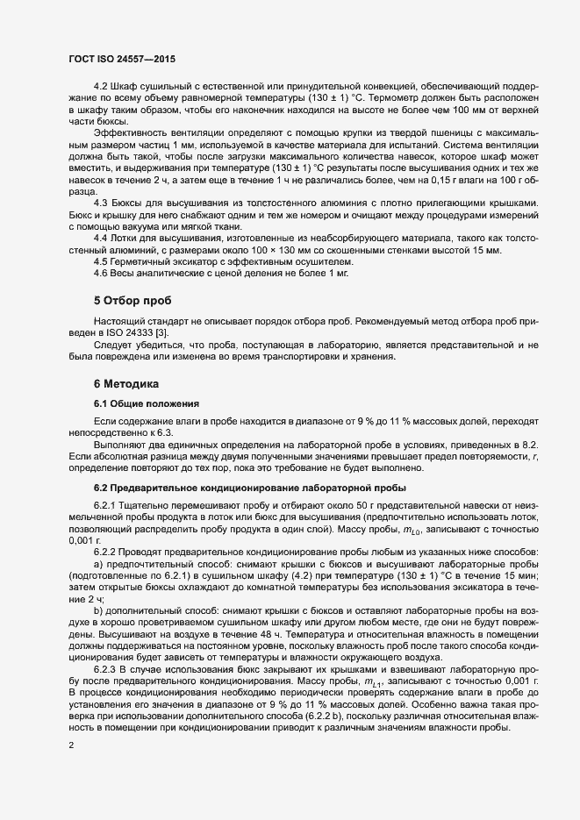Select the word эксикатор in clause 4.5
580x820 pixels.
[198, 260]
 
